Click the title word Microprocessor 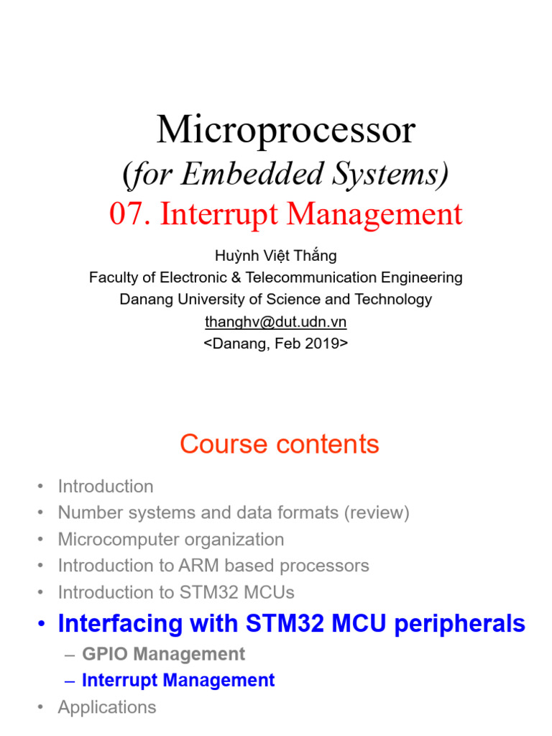tap(286, 131)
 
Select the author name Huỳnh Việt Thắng tap(276, 255)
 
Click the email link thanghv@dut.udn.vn tap(276, 321)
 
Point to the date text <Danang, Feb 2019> tap(276, 344)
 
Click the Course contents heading tap(280, 444)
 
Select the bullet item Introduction tap(106, 487)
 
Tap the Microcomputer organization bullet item tap(171, 539)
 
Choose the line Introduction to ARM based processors tap(213, 566)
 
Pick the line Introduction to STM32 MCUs tap(176, 592)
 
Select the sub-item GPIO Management tap(163, 654)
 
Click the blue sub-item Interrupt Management tap(178, 680)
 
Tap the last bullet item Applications tap(107, 707)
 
